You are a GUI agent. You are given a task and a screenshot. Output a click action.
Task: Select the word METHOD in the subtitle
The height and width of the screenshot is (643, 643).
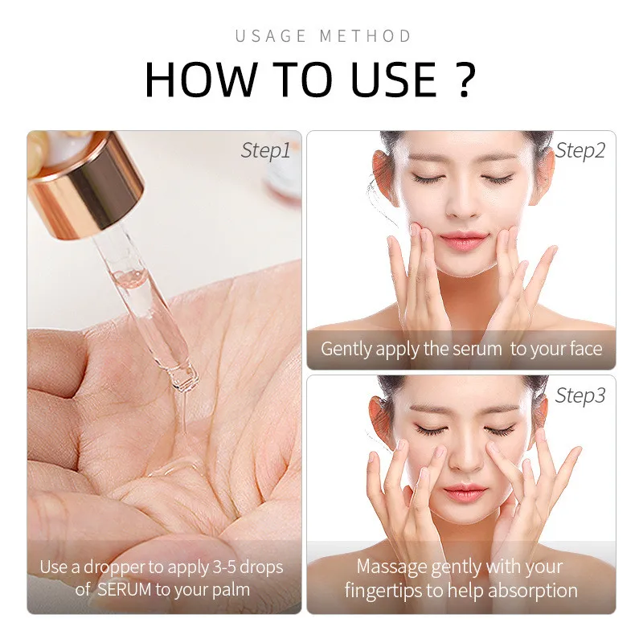[x=366, y=36]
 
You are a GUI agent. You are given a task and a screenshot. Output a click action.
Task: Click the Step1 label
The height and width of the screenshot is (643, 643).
[x=265, y=150]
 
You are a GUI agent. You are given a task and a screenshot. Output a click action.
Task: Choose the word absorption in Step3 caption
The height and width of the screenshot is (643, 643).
[x=528, y=590]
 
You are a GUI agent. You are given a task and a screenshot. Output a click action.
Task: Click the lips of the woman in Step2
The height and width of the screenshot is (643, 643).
[x=462, y=240]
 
